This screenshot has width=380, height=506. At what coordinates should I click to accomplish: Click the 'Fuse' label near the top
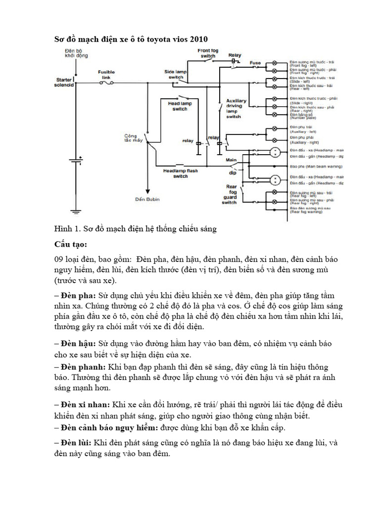pyautogui.click(x=255, y=63)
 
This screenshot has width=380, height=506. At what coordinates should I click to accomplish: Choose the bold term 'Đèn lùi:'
pyautogui.click(x=74, y=443)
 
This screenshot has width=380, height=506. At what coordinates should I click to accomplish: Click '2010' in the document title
pyautogui.click(x=196, y=39)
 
